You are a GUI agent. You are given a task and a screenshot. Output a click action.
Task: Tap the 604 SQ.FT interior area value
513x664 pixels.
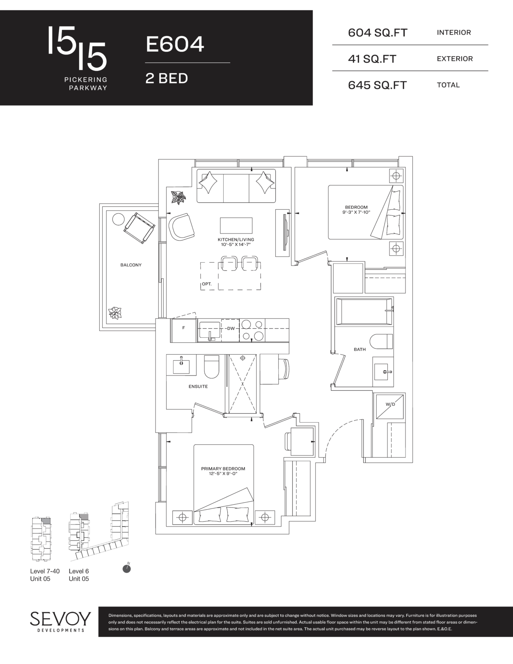pos(378,32)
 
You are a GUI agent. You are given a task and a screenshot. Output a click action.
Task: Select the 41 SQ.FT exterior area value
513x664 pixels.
pos(372,59)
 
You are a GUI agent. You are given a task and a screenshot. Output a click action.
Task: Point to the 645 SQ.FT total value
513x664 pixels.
pos(377,85)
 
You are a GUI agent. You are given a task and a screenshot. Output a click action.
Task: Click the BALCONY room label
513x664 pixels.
pos(131,265)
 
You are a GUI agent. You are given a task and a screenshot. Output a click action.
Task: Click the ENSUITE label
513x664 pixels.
pos(198,386)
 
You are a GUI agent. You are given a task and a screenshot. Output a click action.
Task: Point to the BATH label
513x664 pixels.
pos(360,349)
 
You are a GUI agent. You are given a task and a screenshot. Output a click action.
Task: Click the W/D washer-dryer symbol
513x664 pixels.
pos(389,406)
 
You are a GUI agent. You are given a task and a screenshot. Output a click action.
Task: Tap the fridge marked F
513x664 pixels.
pos(183,330)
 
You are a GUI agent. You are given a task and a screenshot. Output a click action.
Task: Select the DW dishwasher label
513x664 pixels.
pos(231,328)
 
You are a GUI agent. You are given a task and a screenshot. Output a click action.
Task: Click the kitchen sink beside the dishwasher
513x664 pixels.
pos(210,331)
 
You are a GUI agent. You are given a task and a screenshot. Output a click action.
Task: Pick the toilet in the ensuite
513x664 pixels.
pos(211,367)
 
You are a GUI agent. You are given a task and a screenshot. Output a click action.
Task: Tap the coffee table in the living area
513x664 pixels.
pos(236,225)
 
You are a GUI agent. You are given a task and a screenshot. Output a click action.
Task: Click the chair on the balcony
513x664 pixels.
pos(139,228)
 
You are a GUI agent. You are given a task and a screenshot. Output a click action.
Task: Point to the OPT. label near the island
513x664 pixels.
pos(206,284)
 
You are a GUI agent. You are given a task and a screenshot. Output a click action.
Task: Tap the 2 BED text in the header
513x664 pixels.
pos(167,78)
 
